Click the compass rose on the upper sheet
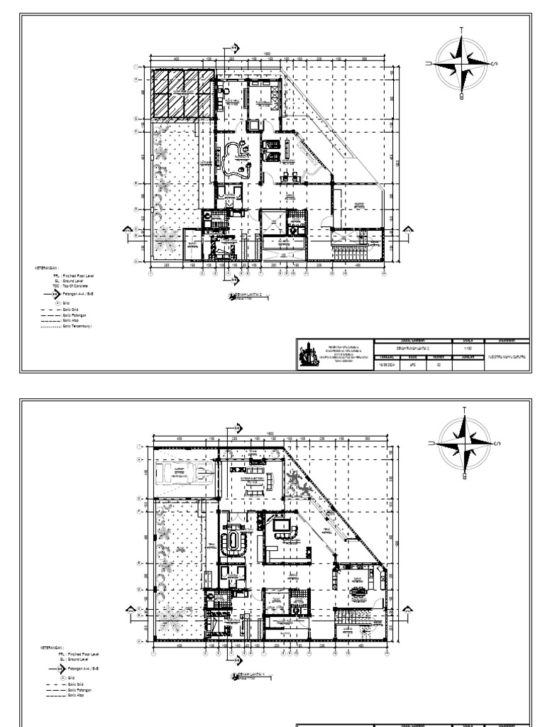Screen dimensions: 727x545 click(x=462, y=65)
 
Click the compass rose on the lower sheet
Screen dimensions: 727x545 click(x=462, y=447)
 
